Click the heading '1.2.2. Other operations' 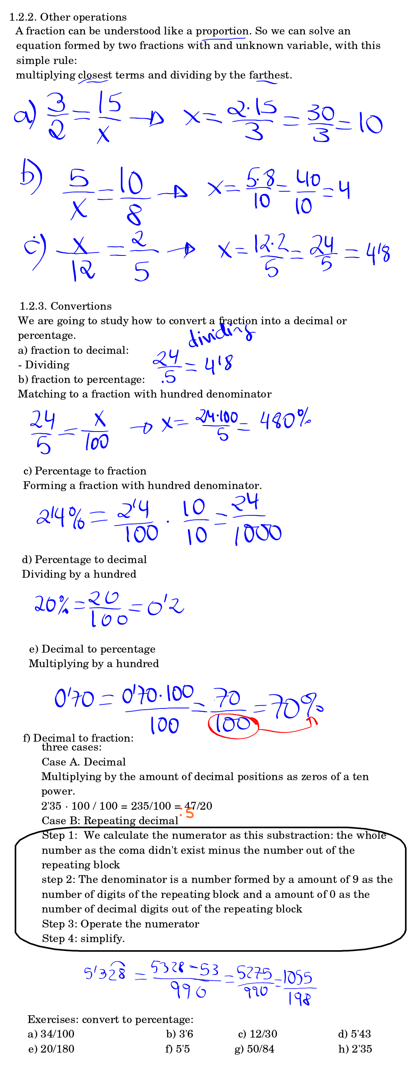(68, 17)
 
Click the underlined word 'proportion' (222, 31)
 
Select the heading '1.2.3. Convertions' (65, 306)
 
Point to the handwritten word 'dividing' (221, 334)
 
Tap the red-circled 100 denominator (233, 725)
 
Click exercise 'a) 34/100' (51, 1034)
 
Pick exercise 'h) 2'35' (355, 1049)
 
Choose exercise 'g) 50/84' (254, 1049)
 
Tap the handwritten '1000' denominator (258, 534)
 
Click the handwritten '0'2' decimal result (165, 607)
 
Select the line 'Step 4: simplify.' (83, 938)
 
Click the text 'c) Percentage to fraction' (85, 471)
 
